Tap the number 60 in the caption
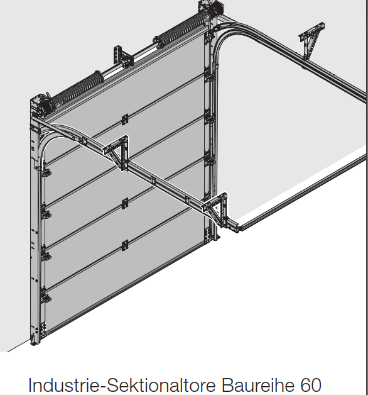coord(311,385)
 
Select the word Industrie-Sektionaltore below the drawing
coord(122,385)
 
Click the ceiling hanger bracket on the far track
coord(311,41)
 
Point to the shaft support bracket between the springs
coord(123,57)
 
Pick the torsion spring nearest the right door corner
coord(181,31)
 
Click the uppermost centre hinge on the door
coord(125,120)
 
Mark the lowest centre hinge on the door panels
coord(125,245)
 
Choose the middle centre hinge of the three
coord(125,203)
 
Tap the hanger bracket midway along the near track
coord(116,152)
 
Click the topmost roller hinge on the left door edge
coord(46,172)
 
